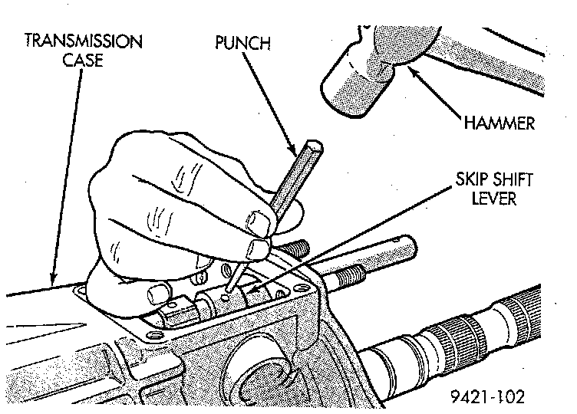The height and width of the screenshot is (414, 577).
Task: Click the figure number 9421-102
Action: point(489,398)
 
